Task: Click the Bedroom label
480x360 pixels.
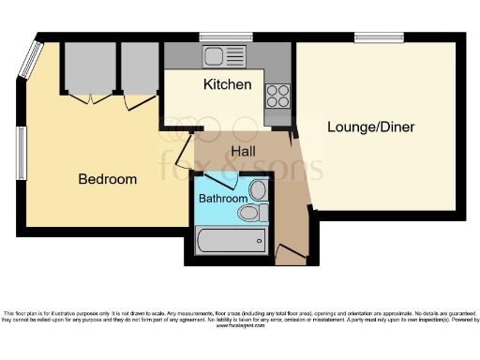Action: click(x=107, y=179)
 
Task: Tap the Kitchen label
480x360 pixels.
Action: click(x=227, y=85)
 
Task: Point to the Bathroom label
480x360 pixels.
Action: click(x=222, y=199)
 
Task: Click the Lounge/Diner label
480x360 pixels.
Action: click(x=370, y=127)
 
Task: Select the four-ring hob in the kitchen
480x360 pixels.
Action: click(x=278, y=95)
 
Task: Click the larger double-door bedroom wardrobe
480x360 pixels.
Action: click(x=89, y=67)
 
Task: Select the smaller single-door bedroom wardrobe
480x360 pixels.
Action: click(x=140, y=67)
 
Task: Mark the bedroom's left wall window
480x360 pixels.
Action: click(x=20, y=152)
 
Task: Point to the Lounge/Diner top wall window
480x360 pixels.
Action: click(x=372, y=37)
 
